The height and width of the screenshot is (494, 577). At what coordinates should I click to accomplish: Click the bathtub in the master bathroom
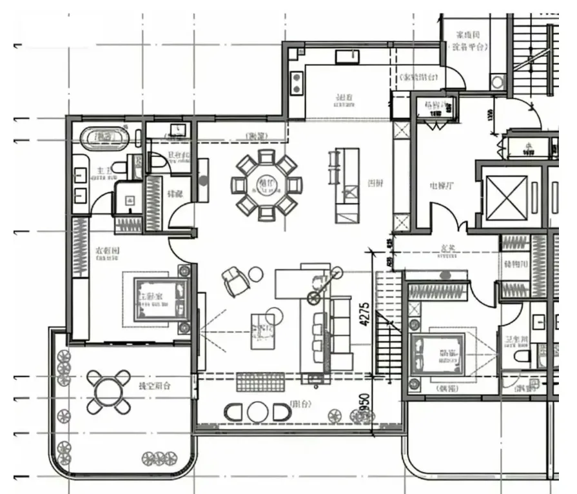104,137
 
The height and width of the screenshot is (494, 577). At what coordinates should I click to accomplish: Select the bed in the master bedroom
159,299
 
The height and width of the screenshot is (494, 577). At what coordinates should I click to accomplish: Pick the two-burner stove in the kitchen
297,81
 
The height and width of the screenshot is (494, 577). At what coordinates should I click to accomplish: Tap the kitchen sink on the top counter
346,57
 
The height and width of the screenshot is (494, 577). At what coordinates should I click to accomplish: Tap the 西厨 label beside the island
375,183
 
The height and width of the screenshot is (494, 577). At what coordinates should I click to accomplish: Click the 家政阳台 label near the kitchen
420,76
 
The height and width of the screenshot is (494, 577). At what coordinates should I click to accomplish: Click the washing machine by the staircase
498,82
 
